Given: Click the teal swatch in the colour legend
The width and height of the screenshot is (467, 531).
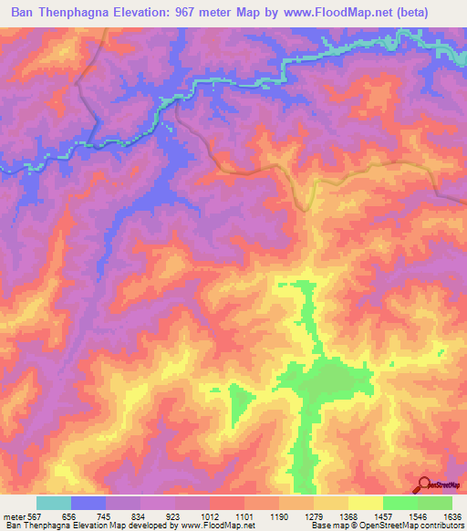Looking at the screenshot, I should [54, 503].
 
